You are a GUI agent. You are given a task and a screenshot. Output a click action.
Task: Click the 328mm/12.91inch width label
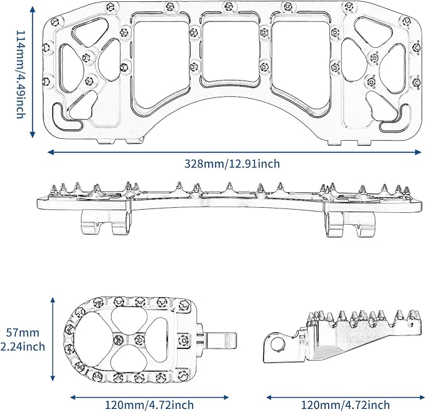tap(232, 164)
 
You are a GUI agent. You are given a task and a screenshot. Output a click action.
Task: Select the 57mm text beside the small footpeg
tap(23, 333)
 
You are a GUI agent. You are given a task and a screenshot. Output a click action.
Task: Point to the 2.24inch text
tap(23, 347)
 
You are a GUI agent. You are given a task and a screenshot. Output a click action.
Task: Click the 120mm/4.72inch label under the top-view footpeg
tap(149, 405)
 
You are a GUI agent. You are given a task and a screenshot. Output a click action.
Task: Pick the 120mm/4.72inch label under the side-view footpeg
tap(345, 405)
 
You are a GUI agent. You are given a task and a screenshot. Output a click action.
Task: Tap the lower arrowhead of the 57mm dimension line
tap(53, 377)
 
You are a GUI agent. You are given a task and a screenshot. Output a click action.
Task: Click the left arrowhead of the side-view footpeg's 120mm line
tap(270, 398)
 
